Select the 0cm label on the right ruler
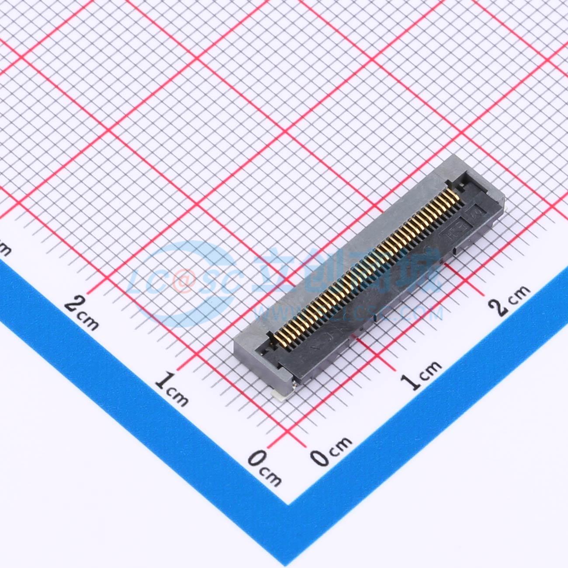coord(331,450)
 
